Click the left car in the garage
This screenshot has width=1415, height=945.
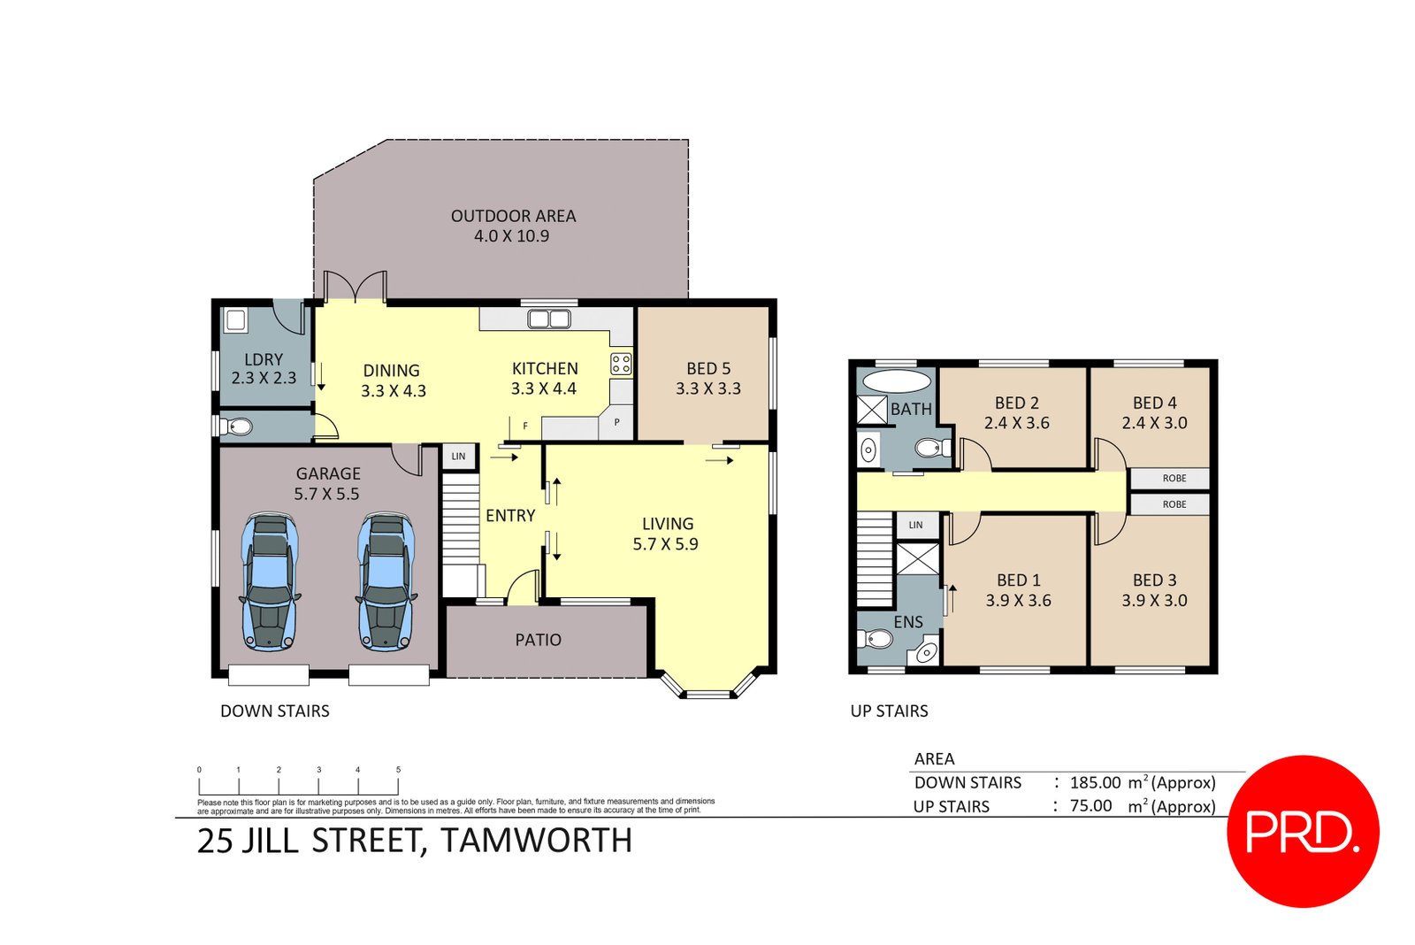[x=269, y=581]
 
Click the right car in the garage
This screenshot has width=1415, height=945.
[x=386, y=581]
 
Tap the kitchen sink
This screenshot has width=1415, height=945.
[x=548, y=319]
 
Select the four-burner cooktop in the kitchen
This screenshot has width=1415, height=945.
[x=621, y=364]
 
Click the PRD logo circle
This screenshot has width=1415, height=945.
[x=1303, y=831]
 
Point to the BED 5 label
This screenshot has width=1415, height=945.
[x=708, y=368]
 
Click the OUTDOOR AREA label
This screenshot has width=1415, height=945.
[x=513, y=216]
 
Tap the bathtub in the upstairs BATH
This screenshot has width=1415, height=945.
[x=896, y=381]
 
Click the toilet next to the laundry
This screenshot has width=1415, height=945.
[x=236, y=427]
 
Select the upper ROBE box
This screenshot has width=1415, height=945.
[x=1174, y=478]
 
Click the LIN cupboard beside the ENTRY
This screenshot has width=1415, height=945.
[x=458, y=457]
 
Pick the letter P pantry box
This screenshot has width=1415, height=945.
[x=616, y=423]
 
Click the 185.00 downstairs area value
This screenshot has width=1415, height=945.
[x=1095, y=782]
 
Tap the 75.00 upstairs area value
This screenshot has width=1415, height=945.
[x=1090, y=806]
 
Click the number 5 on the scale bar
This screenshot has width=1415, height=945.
[x=398, y=770]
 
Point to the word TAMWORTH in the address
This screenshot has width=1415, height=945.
[x=536, y=840]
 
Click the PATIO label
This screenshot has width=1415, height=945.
[x=538, y=640]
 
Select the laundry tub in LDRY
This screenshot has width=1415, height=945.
[x=235, y=319]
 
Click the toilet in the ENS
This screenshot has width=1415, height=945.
[x=877, y=639]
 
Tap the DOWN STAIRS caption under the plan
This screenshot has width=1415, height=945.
[x=274, y=711]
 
